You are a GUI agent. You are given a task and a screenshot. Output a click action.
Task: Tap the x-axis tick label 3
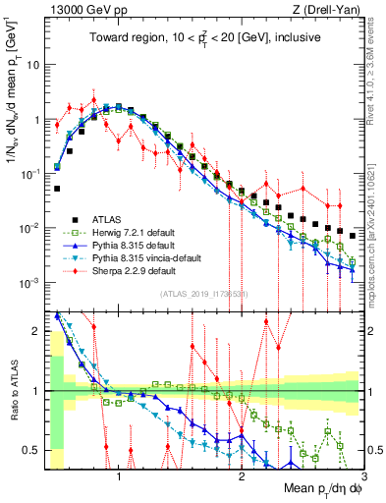tap(362, 475)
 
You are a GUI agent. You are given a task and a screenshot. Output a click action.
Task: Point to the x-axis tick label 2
tap(241, 475)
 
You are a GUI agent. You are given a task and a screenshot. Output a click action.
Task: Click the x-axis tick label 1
tap(119, 475)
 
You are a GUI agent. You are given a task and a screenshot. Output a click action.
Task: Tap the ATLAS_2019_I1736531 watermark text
tap(202, 296)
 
